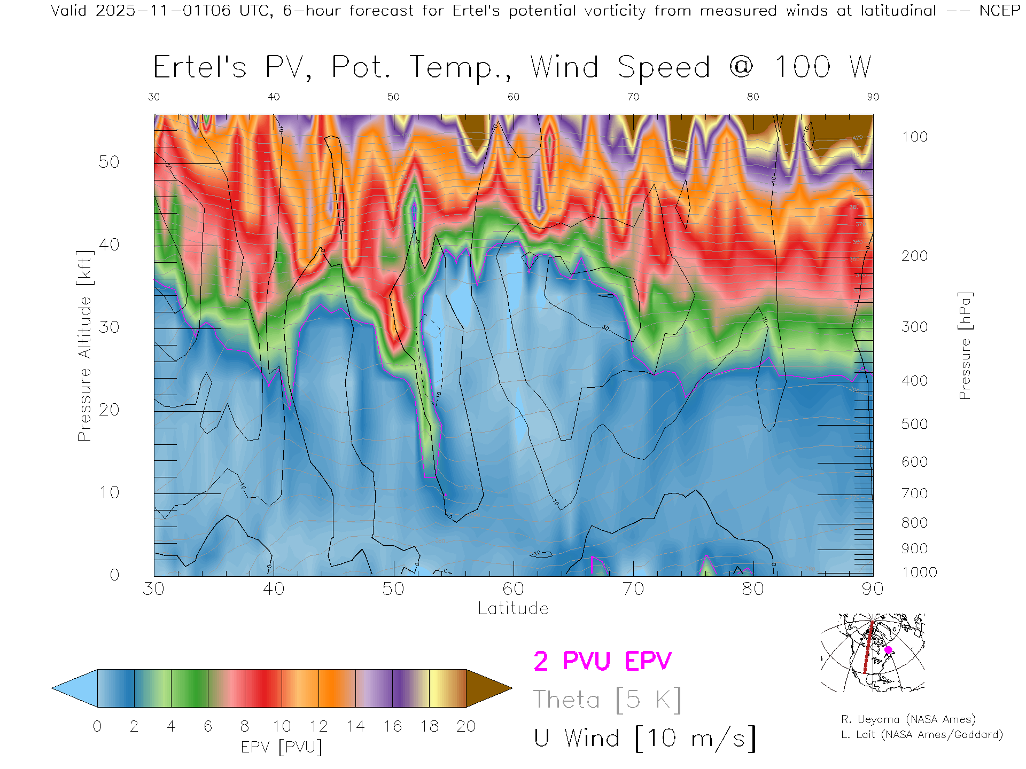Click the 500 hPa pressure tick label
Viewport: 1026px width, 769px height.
[915, 424]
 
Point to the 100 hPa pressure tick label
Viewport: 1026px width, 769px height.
[915, 137]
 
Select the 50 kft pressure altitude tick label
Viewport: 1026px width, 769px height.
[108, 162]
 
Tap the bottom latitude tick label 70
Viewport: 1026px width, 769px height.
[633, 588]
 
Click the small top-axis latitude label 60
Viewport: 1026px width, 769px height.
[513, 97]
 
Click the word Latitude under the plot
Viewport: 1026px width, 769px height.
[513, 608]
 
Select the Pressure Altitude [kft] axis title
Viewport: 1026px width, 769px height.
[84, 346]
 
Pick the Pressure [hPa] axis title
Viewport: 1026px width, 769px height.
[965, 346]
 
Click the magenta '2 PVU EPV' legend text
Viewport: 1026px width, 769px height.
[602, 661]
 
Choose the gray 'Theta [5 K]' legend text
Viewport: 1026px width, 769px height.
[607, 700]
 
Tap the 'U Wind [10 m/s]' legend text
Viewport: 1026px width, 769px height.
[644, 738]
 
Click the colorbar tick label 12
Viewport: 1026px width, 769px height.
[318, 726]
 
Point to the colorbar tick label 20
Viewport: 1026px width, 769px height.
[466, 726]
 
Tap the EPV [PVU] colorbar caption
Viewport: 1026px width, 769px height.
[281, 747]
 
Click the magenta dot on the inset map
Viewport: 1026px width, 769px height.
[888, 650]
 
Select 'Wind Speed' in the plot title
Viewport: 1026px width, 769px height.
[620, 67]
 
